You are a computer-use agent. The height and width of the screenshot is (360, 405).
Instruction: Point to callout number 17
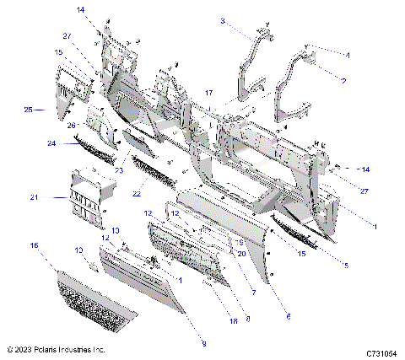[209, 91]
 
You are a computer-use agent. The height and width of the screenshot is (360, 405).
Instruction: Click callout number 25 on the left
[28, 110]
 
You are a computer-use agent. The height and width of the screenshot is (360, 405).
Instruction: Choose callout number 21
[35, 198]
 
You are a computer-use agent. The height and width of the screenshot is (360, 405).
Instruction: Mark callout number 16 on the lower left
[34, 245]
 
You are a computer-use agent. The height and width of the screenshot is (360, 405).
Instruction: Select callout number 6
[289, 316]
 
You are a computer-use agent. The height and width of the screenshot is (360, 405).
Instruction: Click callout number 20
[240, 253]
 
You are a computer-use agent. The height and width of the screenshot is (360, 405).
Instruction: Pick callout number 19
[240, 241]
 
